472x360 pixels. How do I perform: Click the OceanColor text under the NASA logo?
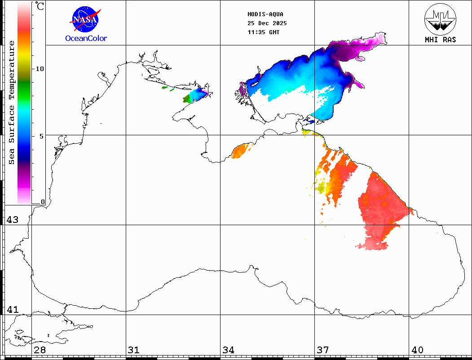[x=86, y=39]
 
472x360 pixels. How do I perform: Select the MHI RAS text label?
[x=440, y=40]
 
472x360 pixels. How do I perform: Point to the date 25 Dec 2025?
[x=267, y=23]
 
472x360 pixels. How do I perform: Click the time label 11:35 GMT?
[x=263, y=32]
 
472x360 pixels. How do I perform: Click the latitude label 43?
[x=12, y=220]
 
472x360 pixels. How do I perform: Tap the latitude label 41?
[x=12, y=310]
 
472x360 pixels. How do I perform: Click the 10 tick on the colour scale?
[x=40, y=69]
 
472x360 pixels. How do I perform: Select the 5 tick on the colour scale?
[x=42, y=136]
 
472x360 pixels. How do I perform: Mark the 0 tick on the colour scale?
[x=43, y=202]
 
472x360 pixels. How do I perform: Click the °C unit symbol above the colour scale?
[x=40, y=6]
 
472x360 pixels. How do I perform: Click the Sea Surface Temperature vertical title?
[x=12, y=102]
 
